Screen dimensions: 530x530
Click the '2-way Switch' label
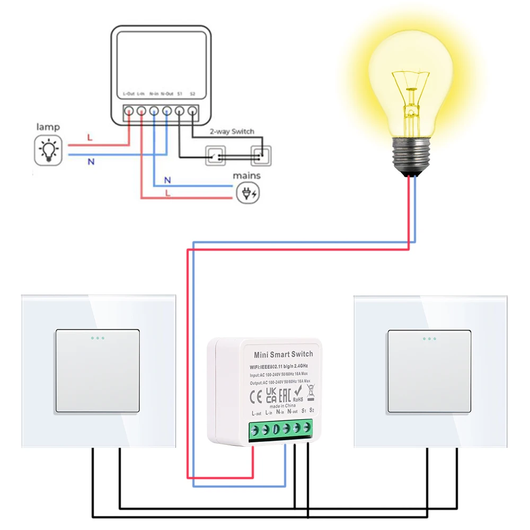pyautogui.click(x=232, y=131)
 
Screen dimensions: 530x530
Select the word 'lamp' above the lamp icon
pyautogui.click(x=48, y=127)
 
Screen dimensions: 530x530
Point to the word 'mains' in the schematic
pyautogui.click(x=246, y=176)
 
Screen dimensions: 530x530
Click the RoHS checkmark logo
pyautogui.click(x=298, y=393)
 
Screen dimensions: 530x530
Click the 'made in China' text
pyautogui.click(x=284, y=405)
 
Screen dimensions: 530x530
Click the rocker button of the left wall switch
pyautogui.click(x=98, y=371)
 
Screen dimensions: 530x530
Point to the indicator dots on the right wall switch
pyautogui.click(x=429, y=338)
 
